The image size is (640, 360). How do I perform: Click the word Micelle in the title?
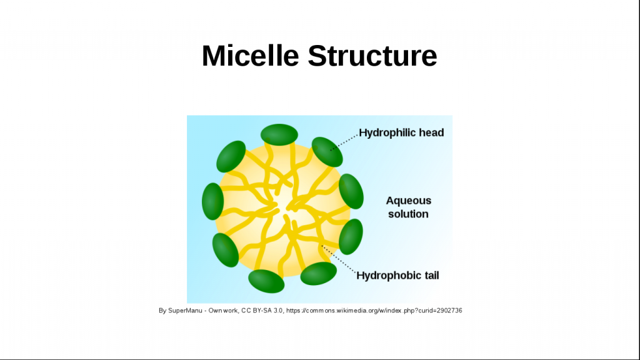click(x=250, y=56)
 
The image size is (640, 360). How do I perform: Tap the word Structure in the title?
click(x=372, y=56)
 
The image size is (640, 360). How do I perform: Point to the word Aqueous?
click(x=409, y=201)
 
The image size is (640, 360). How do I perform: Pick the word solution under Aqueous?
click(x=408, y=214)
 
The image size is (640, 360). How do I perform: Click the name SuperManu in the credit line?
click(x=185, y=311)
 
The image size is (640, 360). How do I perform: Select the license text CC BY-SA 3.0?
click(x=262, y=311)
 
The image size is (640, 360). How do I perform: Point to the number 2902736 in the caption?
click(x=449, y=311)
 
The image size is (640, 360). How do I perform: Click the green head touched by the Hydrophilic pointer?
click(x=327, y=152)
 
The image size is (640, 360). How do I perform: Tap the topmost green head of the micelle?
click(x=279, y=135)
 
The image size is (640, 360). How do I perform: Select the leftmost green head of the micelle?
click(x=212, y=201)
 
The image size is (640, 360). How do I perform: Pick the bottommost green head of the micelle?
click(x=266, y=281)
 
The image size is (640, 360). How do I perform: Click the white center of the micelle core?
click(x=283, y=206)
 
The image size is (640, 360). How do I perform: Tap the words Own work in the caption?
click(x=223, y=311)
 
